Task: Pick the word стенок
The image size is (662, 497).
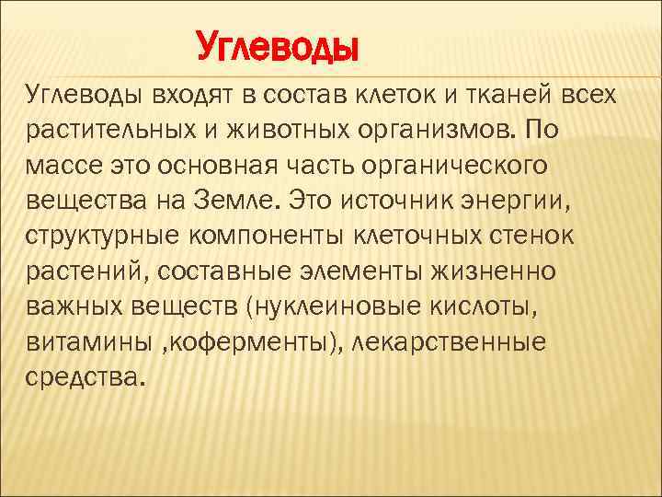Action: click(531, 234)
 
